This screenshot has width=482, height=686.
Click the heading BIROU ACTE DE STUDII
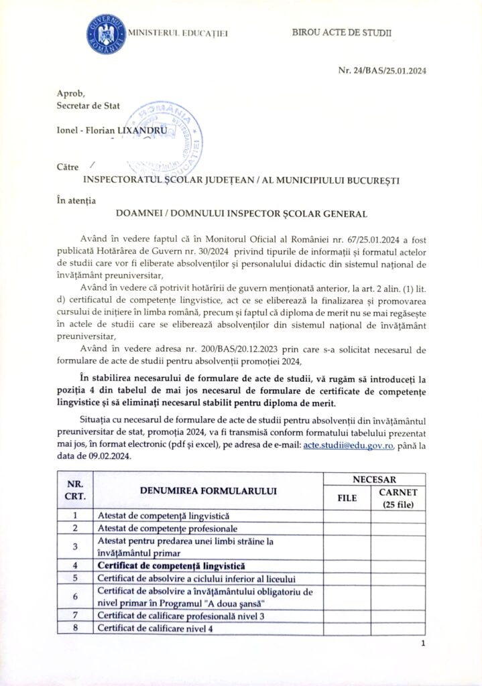point(342,32)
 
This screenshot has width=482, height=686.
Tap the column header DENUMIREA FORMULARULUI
point(208,491)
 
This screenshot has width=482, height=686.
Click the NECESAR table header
point(375,479)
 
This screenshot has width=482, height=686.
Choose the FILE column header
point(347,497)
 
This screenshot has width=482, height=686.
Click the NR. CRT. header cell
point(75,491)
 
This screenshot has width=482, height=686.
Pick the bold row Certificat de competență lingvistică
point(171,565)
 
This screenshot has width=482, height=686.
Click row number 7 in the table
point(75,616)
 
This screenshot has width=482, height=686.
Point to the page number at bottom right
point(423,644)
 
